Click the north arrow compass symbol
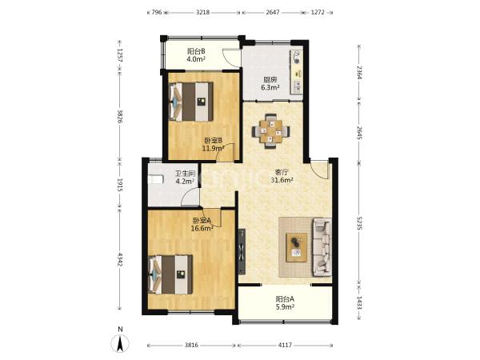[120, 343]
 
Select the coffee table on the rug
[296, 247]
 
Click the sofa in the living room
[322, 246]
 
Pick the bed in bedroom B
[191, 102]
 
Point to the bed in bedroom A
[170, 274]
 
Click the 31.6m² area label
[282, 180]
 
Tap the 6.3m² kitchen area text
[270, 87]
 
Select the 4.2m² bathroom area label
[186, 181]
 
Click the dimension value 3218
[202, 13]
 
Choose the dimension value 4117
[285, 345]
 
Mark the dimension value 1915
[120, 185]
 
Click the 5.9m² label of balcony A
[285, 306]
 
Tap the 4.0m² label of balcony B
[196, 59]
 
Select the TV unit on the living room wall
[242, 251]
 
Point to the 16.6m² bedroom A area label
[202, 228]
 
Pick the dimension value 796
[157, 13]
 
